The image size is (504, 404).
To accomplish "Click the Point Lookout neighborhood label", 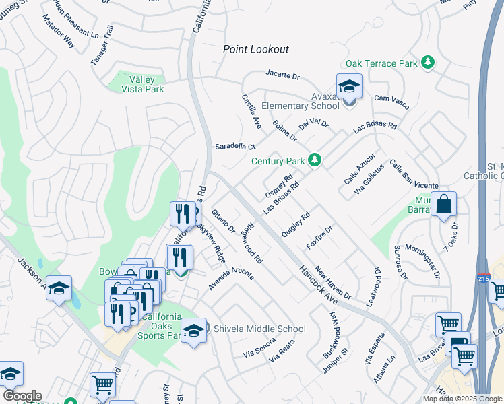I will point(256,49).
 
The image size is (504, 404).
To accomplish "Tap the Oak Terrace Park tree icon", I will point(427,63).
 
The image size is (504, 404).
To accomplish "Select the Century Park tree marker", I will point(314,160).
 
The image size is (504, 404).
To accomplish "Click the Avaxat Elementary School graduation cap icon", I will point(349,87).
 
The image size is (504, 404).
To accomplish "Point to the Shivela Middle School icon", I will point(193,331).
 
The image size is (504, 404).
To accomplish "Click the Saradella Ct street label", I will point(235,146).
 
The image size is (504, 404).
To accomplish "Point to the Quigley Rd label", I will point(295,225).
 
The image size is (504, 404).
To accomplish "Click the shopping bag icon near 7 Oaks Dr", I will point(444,205).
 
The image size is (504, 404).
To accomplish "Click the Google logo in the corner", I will point(22,396).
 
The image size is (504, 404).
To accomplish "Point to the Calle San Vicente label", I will point(414,176).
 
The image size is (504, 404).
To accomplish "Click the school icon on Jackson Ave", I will point(59,289).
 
